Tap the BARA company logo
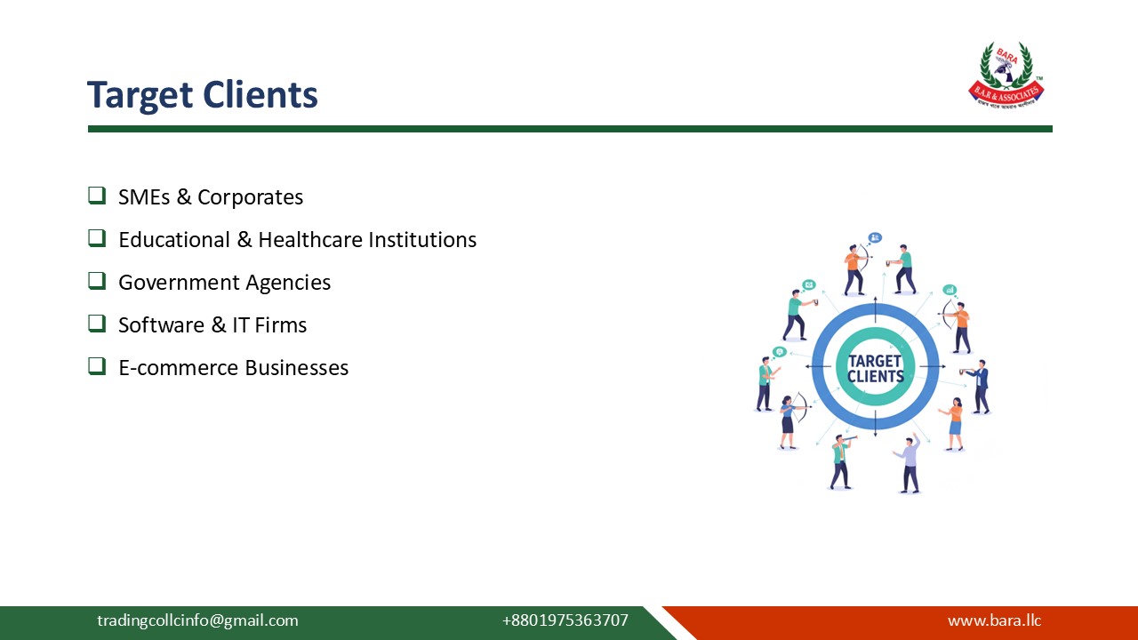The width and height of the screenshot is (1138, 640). click(x=1006, y=75)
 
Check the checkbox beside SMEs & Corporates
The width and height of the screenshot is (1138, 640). click(x=97, y=196)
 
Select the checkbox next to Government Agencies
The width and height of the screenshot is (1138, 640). click(x=97, y=281)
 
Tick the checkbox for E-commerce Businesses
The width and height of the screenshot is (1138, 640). click(x=97, y=366)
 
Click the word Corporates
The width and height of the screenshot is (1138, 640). click(x=250, y=197)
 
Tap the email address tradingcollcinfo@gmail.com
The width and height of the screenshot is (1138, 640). click(x=197, y=620)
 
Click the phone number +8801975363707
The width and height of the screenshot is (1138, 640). click(x=565, y=620)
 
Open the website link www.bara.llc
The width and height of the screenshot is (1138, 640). click(x=994, y=620)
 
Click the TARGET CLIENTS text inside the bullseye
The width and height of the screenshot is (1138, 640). click(x=875, y=368)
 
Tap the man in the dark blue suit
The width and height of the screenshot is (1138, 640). click(x=980, y=387)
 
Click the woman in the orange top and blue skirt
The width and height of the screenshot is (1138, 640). click(x=954, y=424)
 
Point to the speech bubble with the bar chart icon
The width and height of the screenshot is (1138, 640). click(x=950, y=290)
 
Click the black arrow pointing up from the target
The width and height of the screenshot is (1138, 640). click(x=876, y=306)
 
